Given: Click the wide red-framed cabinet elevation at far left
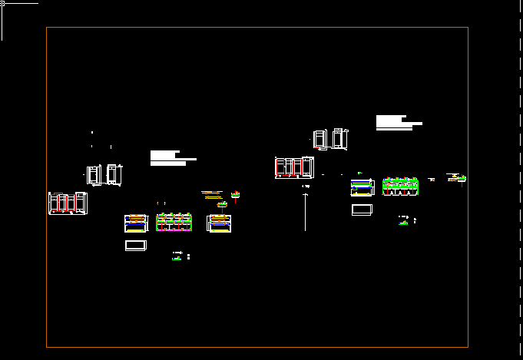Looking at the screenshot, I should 68,203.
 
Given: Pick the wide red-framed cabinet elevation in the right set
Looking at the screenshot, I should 294,167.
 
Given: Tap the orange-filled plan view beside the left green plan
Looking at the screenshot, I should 220,223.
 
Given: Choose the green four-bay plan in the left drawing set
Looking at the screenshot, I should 174,223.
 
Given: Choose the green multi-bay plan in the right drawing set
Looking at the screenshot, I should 400,187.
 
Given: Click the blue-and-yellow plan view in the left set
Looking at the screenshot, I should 136,223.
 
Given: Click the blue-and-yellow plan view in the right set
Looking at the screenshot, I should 362,187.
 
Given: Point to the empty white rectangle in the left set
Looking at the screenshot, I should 135,246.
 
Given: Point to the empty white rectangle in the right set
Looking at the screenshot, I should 362,210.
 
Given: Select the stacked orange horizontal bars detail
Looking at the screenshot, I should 211,195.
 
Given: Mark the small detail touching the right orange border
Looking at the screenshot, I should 462,179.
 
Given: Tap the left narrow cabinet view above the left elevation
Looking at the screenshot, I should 94,175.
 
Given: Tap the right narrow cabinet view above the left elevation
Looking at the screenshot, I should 114,174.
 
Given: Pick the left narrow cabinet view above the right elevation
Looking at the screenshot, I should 320,140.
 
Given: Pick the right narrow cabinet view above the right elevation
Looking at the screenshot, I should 340,139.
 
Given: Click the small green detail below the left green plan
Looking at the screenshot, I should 177,256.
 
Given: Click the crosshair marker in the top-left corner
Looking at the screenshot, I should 2,4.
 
